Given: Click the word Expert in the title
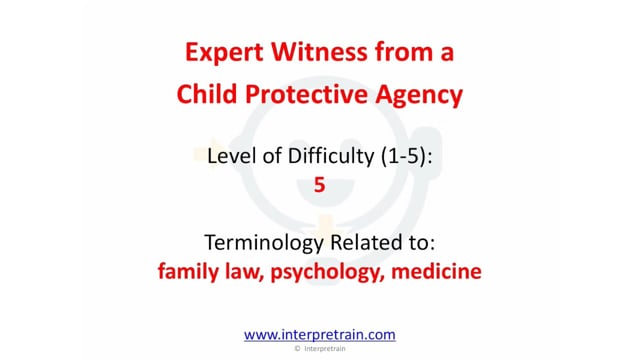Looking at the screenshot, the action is (224, 53).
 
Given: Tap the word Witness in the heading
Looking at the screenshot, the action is (319, 52).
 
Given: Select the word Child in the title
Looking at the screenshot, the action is (207, 93).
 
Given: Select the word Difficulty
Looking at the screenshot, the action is (331, 157).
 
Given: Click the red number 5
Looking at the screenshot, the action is (320, 184).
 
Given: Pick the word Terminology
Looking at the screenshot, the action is (264, 243).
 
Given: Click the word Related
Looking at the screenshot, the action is (367, 242).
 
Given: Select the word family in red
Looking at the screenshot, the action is (188, 271).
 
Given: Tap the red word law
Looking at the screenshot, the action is (244, 271).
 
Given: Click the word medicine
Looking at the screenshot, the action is (436, 271).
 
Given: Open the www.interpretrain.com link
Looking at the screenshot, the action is (320, 335).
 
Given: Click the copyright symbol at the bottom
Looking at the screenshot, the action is (297, 349).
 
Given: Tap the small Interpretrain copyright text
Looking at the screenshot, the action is (325, 349).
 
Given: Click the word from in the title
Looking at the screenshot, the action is (404, 52).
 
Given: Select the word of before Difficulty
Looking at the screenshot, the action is (271, 156).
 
